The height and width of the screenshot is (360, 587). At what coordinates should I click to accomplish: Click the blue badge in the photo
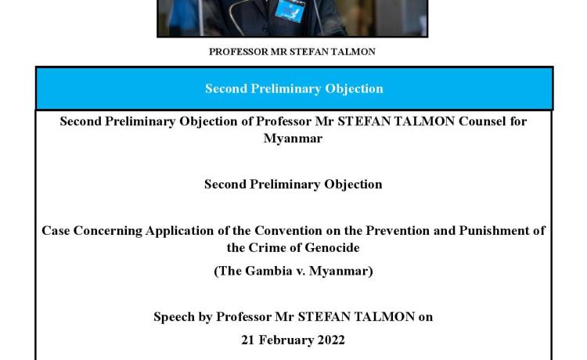[x=290, y=10]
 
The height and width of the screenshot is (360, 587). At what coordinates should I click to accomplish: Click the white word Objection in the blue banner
[x=354, y=89]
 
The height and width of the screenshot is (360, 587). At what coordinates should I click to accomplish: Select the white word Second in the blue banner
[x=226, y=88]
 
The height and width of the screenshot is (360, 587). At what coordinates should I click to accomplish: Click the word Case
[x=56, y=231]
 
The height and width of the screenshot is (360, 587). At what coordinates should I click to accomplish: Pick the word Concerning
[x=108, y=232]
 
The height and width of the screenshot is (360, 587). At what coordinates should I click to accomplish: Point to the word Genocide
[x=332, y=248]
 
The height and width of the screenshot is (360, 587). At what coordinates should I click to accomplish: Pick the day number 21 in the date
[x=248, y=340]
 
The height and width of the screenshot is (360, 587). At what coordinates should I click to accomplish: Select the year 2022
[x=331, y=340]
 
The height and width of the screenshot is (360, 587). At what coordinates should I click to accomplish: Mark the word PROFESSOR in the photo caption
[x=239, y=52]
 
